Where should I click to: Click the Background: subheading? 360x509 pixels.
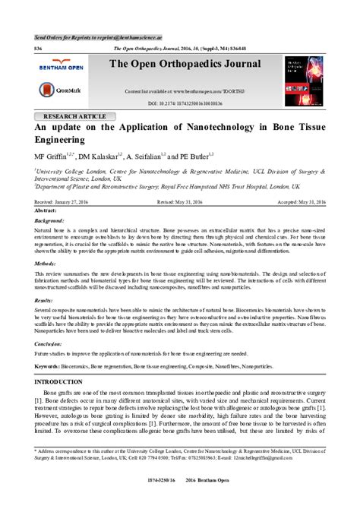pos(50,220)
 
